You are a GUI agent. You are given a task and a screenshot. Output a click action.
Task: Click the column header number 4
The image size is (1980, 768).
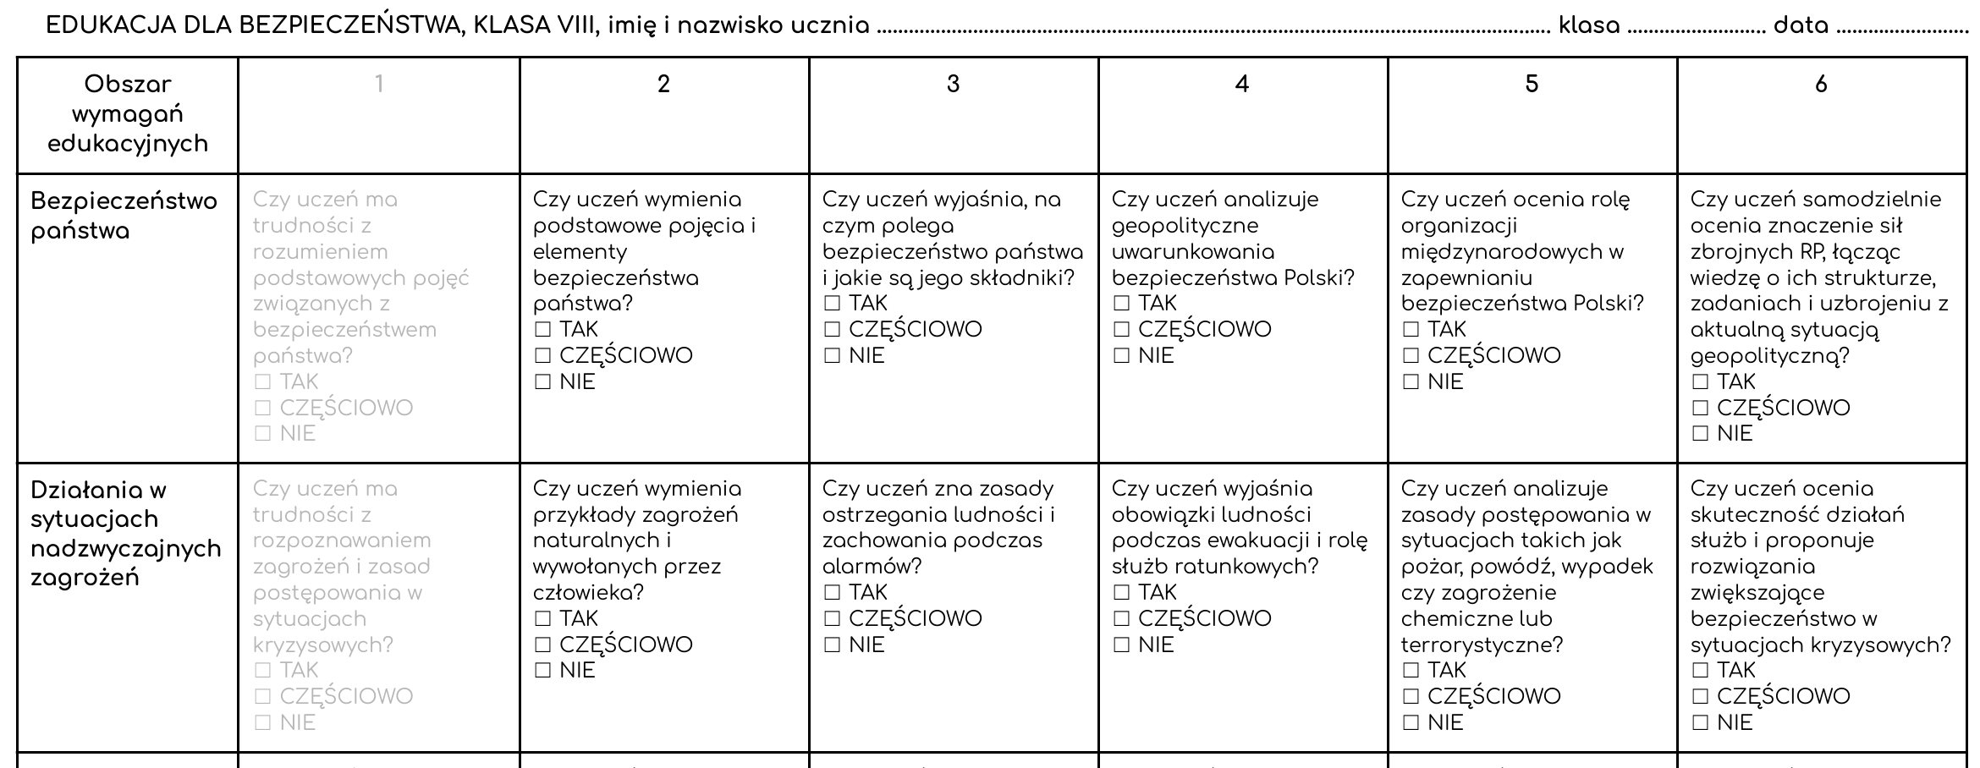[1242, 84]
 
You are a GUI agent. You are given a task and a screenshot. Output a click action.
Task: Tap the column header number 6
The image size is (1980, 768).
[1821, 84]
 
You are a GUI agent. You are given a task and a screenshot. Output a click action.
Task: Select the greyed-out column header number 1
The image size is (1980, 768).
[379, 84]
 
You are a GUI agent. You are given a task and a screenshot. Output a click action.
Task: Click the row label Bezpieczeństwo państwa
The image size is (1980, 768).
[124, 216]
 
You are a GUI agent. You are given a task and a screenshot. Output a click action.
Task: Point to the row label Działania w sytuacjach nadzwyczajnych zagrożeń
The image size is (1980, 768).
[125, 534]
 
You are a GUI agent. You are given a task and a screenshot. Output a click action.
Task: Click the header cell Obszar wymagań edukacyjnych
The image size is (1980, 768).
[128, 114]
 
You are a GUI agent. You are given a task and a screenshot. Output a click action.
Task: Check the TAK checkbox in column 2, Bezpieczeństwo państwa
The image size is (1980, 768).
[543, 330]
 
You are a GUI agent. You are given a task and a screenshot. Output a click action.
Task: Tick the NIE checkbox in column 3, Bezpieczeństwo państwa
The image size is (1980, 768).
[833, 356]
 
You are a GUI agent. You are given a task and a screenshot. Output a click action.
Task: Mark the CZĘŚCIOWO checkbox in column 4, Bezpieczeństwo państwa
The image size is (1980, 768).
[1122, 330]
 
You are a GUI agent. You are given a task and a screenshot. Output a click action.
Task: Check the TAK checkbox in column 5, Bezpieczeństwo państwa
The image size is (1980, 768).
[1411, 330]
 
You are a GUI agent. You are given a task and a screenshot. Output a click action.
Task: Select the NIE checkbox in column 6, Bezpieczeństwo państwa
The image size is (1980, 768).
[1701, 434]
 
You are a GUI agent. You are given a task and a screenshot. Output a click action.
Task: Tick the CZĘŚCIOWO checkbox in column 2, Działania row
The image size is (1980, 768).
[543, 645]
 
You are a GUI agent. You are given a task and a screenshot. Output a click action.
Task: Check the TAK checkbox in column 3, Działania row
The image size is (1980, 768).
[833, 593]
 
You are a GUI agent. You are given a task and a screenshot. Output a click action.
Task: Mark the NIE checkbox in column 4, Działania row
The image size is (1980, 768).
[1122, 645]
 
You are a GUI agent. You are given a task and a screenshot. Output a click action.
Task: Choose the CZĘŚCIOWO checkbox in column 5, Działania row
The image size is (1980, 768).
[1411, 697]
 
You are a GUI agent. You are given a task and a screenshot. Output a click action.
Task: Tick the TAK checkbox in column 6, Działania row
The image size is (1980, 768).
[1701, 671]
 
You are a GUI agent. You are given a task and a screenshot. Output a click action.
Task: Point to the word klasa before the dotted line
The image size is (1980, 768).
[1589, 26]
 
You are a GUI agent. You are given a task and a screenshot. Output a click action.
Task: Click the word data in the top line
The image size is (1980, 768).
[1801, 26]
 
